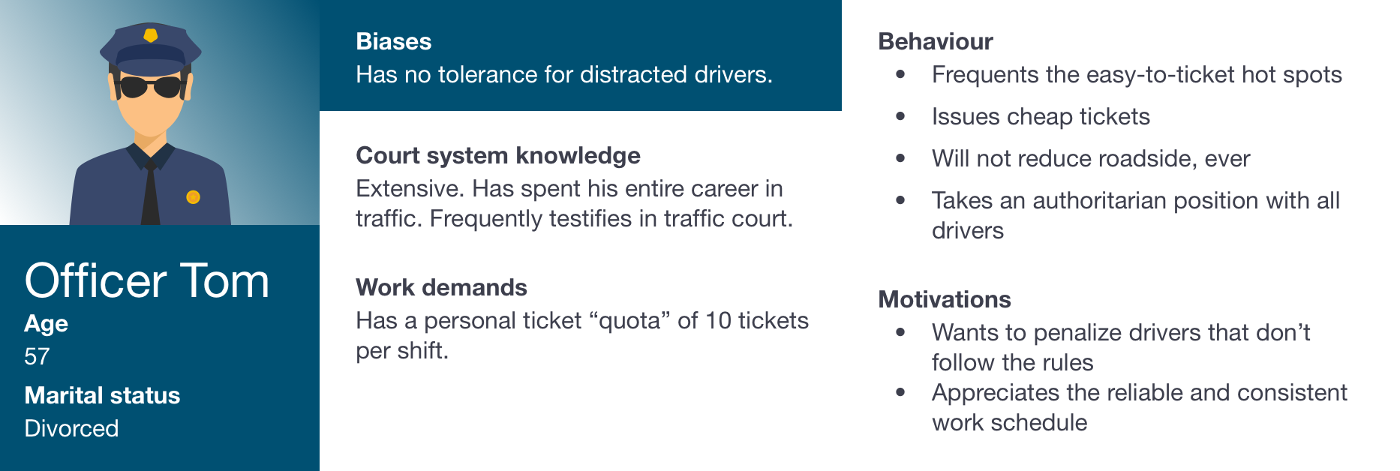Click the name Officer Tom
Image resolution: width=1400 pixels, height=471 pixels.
click(x=147, y=281)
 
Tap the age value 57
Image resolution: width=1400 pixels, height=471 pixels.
click(x=37, y=356)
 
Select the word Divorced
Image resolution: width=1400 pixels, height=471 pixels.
click(x=71, y=428)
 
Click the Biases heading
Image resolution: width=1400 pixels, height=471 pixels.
click(x=394, y=41)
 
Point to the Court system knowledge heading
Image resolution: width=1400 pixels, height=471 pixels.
click(x=498, y=155)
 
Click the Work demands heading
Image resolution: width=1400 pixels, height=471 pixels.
click(x=442, y=287)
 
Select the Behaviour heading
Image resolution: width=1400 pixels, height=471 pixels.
click(x=936, y=41)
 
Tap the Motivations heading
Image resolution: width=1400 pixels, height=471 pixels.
click(x=945, y=299)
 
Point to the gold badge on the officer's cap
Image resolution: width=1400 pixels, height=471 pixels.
click(x=151, y=35)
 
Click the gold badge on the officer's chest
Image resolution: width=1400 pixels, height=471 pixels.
click(x=193, y=197)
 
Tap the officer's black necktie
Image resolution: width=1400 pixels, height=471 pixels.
click(x=151, y=192)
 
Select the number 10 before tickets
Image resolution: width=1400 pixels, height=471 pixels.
click(x=718, y=321)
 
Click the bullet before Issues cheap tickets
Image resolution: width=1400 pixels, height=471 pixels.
click(x=901, y=116)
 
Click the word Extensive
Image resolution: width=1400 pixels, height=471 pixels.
click(x=410, y=188)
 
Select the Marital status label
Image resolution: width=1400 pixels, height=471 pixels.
click(x=102, y=395)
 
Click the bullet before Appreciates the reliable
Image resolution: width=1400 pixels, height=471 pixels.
click(x=901, y=392)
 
